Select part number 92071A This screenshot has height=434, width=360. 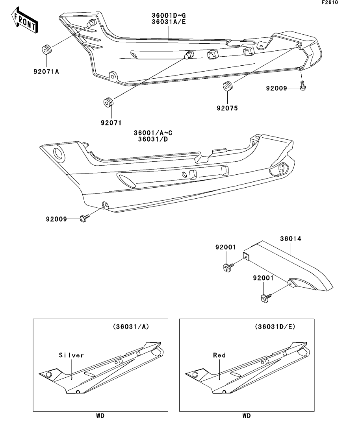tap(46, 72)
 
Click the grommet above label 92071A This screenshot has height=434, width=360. tap(46, 50)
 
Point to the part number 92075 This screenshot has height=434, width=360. tap(228, 107)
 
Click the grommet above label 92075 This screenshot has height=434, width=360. tap(228, 86)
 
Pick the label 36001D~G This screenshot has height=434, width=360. tap(169, 15)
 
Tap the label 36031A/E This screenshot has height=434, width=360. tap(169, 22)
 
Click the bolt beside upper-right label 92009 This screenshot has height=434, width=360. tap(302, 85)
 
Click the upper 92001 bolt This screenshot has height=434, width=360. tap(227, 268)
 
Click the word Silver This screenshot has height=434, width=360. tap(71, 355)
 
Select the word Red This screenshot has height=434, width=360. tap(219, 355)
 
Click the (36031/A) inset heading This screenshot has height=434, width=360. tap(130, 327)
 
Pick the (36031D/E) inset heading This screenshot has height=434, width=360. tap(275, 327)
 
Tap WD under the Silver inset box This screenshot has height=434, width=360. tap(100, 416)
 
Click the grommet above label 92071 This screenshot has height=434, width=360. tap(108, 102)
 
